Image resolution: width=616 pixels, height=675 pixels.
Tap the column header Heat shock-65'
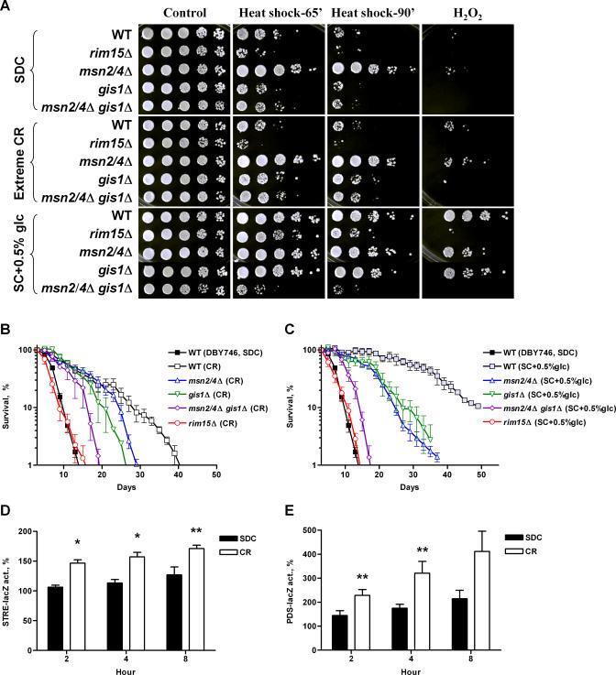pyautogui.click(x=276, y=14)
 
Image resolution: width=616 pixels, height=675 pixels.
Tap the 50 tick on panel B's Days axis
pyautogui.click(x=215, y=477)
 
